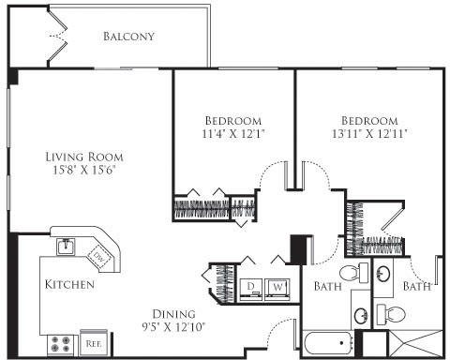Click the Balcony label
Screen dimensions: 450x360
(x=128, y=37)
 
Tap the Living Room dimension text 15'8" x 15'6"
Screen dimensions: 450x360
(x=84, y=171)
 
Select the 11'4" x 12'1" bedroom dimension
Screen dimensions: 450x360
(x=233, y=134)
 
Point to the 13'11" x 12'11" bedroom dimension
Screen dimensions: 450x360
(x=369, y=134)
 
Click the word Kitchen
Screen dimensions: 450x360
(x=69, y=284)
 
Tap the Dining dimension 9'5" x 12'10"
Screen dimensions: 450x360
(x=173, y=327)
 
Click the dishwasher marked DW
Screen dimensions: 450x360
(x=99, y=257)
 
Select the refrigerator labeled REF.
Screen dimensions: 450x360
(x=94, y=343)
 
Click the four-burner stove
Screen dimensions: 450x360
(x=61, y=344)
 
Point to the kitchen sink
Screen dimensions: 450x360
(x=66, y=247)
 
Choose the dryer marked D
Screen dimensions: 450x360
(x=251, y=290)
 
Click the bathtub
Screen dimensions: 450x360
(x=328, y=343)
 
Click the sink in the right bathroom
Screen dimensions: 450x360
(x=383, y=274)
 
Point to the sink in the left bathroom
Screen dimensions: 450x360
(x=362, y=316)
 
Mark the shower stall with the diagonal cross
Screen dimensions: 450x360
(x=415, y=343)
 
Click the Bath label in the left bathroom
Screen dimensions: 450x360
(x=327, y=286)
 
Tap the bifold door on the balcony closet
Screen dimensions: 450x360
(x=57, y=37)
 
